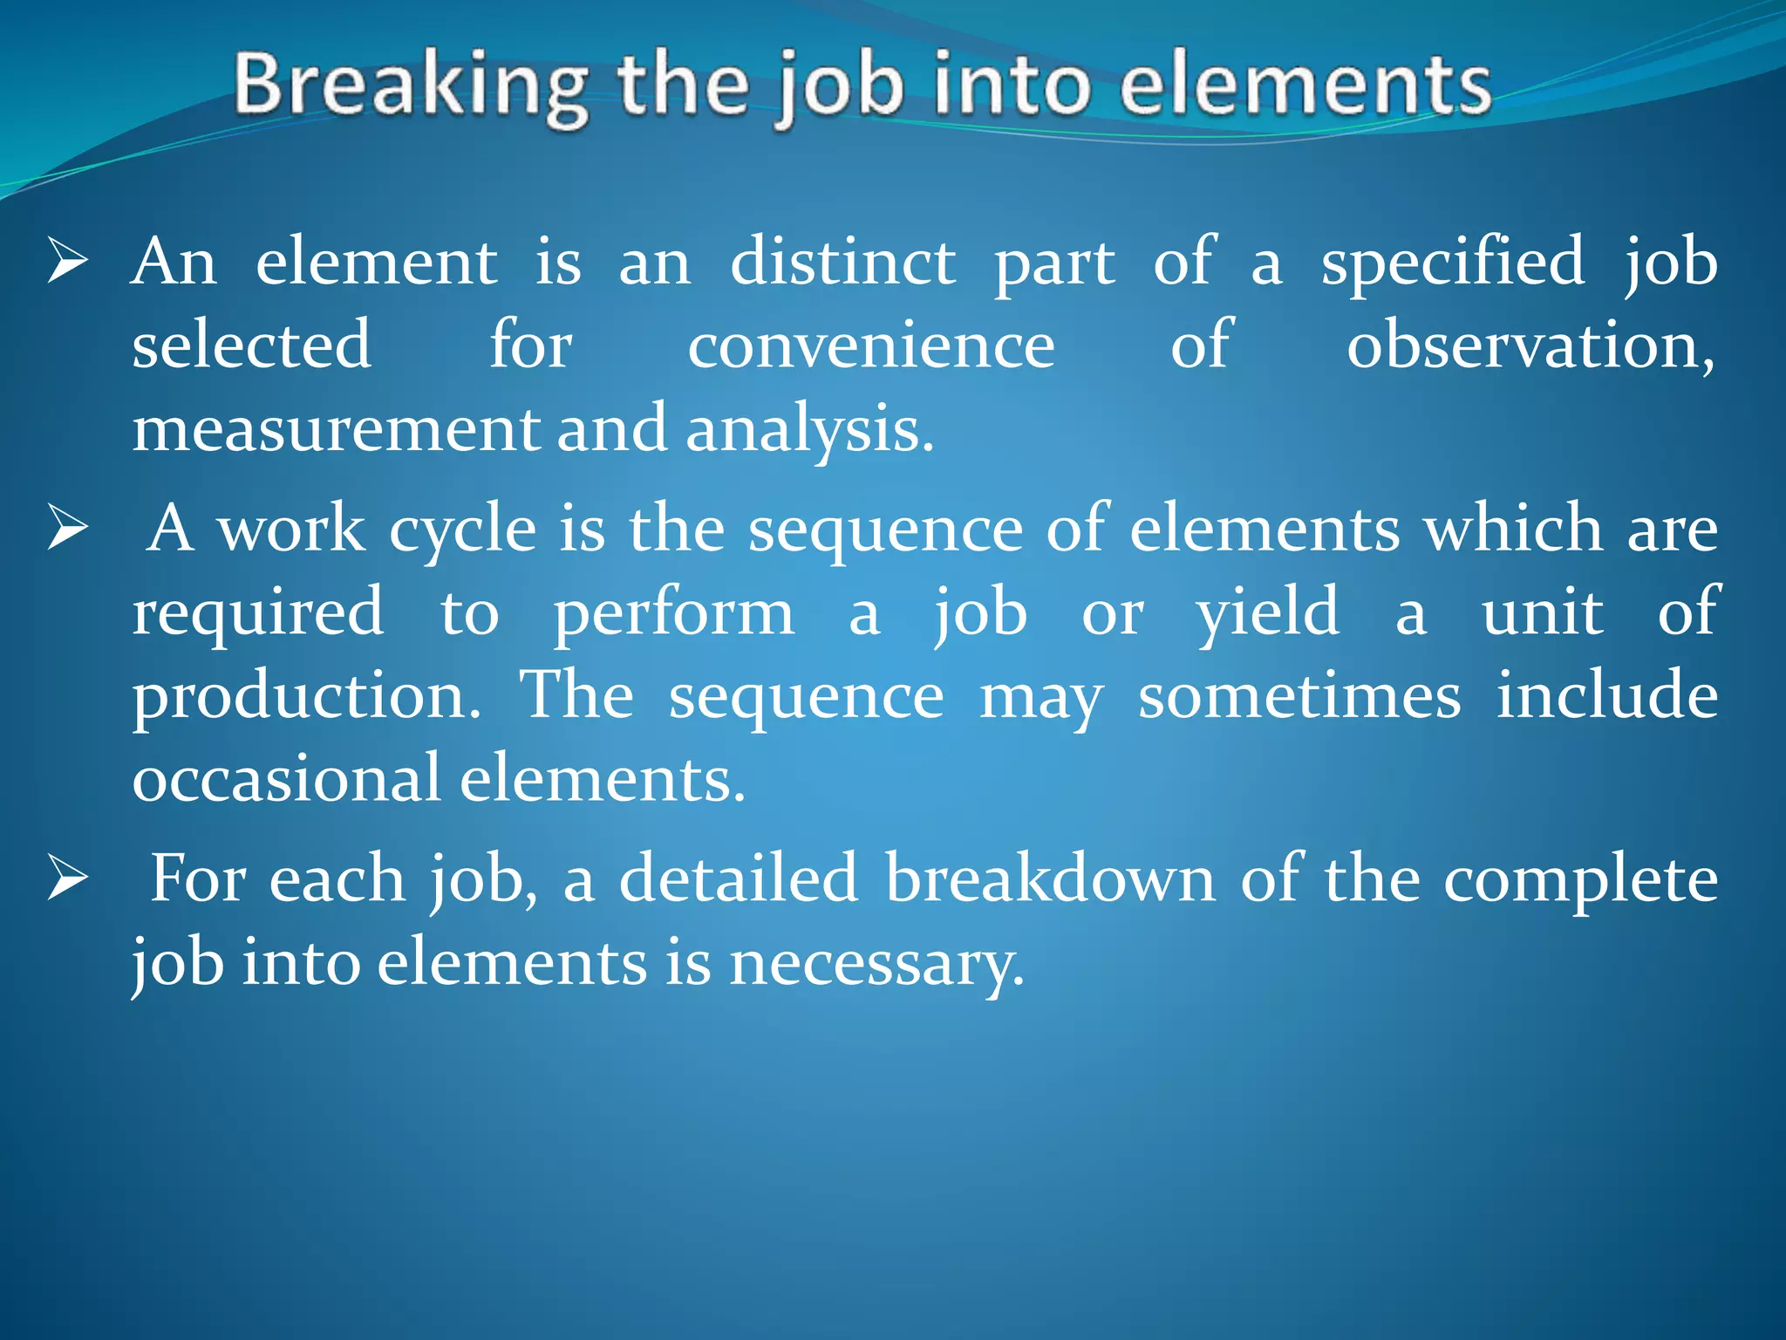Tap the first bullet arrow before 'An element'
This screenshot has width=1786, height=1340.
68,261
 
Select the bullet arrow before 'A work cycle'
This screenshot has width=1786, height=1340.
68,529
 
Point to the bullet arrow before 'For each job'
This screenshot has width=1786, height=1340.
68,879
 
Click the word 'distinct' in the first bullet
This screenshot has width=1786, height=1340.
842,261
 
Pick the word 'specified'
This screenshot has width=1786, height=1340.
1452,261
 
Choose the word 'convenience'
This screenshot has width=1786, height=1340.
870,345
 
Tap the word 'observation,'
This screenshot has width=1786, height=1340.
1530,345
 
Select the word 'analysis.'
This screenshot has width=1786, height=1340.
809,429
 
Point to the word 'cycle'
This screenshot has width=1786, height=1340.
462,529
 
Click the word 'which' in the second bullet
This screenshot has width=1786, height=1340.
1513,529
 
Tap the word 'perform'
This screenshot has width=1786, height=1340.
673,612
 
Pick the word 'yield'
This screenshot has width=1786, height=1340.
1266,612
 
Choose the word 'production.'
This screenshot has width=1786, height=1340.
306,696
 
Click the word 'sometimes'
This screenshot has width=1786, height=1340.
1299,696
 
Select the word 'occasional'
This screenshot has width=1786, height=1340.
286,778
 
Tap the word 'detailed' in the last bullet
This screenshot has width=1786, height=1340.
739,879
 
